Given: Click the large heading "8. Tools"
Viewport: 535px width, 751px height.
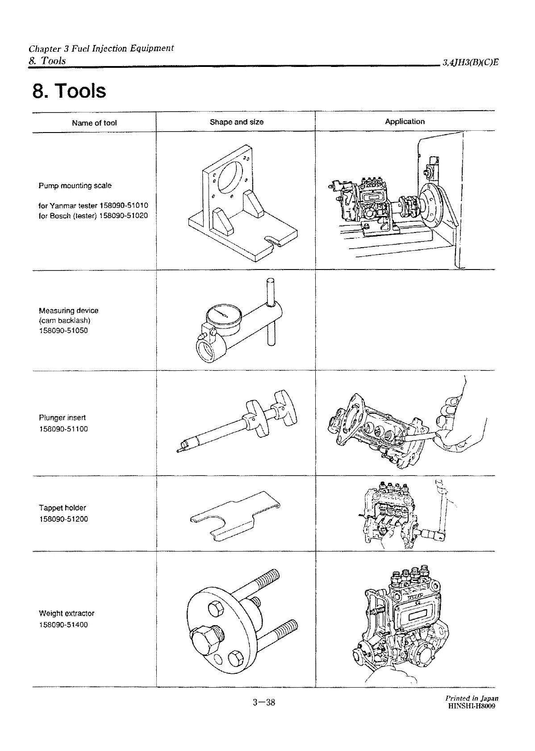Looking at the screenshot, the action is (x=69, y=91).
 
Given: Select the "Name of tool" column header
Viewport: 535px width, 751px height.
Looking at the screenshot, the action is (x=94, y=123).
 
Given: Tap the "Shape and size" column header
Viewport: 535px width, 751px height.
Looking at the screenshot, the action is (x=236, y=122).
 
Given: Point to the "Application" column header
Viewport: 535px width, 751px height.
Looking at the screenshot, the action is (x=405, y=121).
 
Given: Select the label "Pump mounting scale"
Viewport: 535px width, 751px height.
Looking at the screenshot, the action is (x=75, y=186).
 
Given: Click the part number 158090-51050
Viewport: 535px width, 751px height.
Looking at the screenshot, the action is (x=63, y=331).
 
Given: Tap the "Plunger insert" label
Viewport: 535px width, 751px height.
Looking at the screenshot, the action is (x=62, y=418).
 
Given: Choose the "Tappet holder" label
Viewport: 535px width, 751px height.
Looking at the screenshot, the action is (x=63, y=508).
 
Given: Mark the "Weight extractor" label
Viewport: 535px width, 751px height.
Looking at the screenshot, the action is (x=67, y=614).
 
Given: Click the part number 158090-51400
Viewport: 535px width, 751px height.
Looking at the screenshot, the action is (x=63, y=625).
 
